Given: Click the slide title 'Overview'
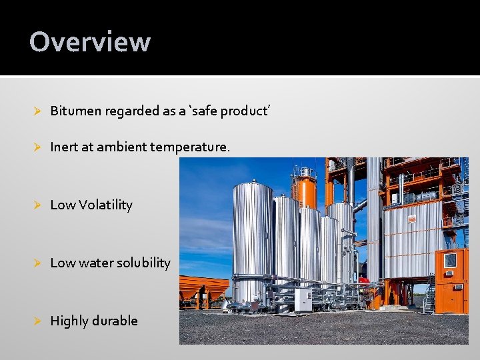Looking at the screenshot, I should click(x=90, y=41).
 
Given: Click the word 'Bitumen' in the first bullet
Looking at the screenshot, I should click(x=74, y=111).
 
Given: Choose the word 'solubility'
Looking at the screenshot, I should click(x=144, y=263).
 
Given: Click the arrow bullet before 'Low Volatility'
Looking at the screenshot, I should click(x=38, y=205).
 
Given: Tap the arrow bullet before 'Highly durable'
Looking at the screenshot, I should click(x=38, y=321).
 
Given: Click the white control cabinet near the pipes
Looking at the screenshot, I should click(x=303, y=299).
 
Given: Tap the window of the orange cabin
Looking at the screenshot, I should click(x=451, y=260).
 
